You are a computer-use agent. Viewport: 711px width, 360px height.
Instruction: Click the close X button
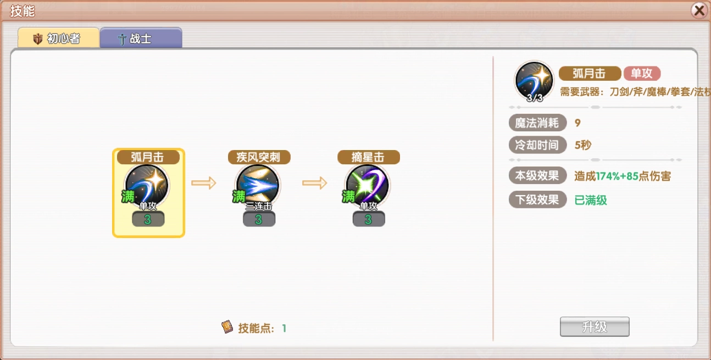(699, 10)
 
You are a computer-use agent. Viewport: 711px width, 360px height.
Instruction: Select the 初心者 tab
(59, 38)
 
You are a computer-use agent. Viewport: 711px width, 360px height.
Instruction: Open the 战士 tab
(141, 39)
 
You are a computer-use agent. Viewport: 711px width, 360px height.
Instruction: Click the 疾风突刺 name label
(259, 157)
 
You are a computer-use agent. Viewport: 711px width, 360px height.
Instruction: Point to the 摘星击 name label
(368, 157)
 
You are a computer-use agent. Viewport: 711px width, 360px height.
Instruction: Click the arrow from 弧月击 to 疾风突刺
(204, 183)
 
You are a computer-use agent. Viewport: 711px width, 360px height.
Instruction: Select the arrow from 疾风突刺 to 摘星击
(314, 183)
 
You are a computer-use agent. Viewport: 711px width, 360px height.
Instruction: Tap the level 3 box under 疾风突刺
(259, 219)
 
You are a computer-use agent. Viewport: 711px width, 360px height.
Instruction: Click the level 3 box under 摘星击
(368, 219)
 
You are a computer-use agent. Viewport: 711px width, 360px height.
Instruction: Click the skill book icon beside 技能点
(227, 328)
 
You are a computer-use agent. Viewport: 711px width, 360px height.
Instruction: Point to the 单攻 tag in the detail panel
(642, 74)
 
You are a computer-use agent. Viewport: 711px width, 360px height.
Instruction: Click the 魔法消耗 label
(537, 123)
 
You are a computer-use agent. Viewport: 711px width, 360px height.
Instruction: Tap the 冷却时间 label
(537, 145)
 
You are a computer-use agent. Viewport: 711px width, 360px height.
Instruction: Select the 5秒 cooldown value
(583, 146)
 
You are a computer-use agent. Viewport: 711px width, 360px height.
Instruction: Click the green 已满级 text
(591, 200)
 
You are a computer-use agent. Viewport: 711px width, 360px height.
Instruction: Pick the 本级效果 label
(537, 176)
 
